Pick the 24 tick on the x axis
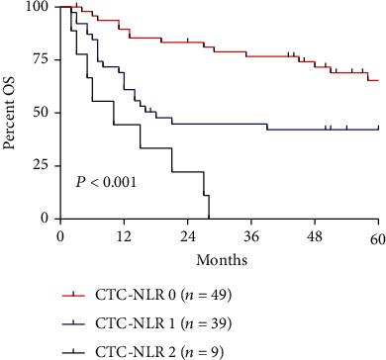tap(187, 238)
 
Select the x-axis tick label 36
tap(251, 238)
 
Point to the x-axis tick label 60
tap(378, 238)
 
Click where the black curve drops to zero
tap(209, 218)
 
